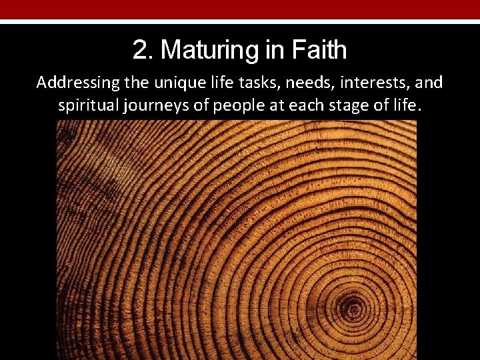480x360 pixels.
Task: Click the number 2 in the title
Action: click(x=139, y=50)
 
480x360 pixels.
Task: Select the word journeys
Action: click(x=155, y=105)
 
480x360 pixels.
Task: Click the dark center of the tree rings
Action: click(x=352, y=308)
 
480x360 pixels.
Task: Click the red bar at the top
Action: click(x=240, y=9)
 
